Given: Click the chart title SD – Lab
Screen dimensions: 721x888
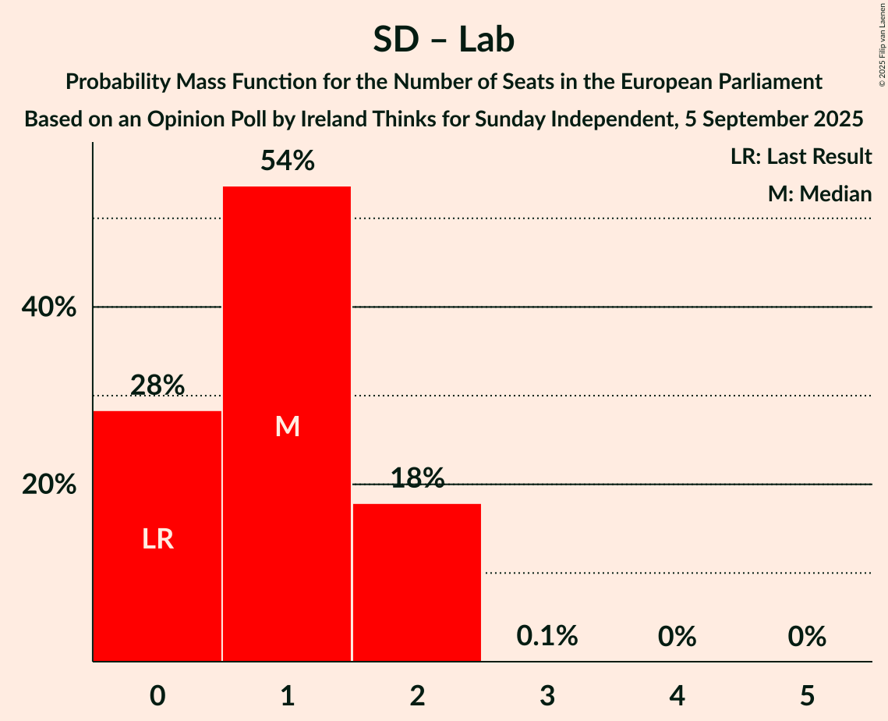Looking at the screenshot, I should click(444, 39).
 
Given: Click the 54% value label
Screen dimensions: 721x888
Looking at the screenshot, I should click(287, 162).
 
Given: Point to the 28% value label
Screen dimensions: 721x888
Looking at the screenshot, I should click(157, 385).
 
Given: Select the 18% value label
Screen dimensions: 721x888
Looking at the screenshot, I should click(417, 478).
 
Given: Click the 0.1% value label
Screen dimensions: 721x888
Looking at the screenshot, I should click(547, 637).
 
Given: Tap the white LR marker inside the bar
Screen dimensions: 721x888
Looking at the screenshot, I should click(157, 539).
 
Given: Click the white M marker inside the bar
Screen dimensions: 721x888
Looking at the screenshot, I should click(287, 426).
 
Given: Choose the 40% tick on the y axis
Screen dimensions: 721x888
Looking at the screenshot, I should click(49, 307).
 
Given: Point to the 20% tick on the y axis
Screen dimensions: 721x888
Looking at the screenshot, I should click(49, 485).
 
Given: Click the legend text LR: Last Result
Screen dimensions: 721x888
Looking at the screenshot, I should click(801, 157).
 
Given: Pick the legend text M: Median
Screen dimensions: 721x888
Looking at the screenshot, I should click(819, 194).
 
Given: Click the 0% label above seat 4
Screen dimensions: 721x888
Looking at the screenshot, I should click(677, 637).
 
